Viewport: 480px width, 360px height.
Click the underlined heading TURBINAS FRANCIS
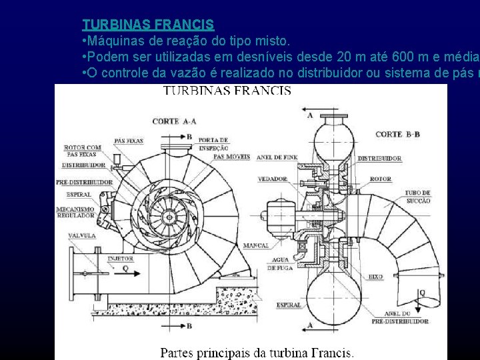pos(147,25)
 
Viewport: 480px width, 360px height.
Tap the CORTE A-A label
pos(174,121)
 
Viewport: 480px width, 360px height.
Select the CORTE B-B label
pos(397,134)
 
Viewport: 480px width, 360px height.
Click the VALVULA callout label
pos(81,235)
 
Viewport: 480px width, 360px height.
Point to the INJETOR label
pos(121,259)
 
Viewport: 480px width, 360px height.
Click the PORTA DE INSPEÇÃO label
pos(213,143)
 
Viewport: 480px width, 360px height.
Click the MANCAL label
pos(256,245)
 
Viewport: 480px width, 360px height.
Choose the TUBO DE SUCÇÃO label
pos(417,197)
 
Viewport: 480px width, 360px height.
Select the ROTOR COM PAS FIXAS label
pos(83,151)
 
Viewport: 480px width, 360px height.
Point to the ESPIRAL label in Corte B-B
pos(288,305)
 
